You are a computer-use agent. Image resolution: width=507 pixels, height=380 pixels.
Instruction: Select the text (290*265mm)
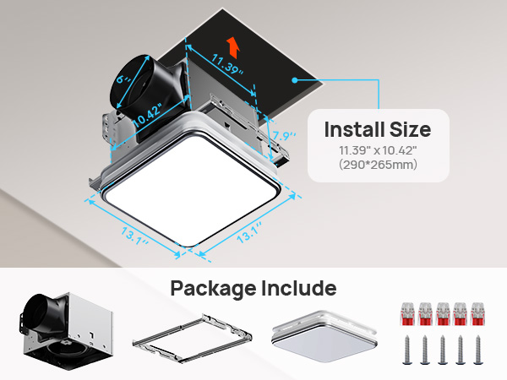click(378, 165)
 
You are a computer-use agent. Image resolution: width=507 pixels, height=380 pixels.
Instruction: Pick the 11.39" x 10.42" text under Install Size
click(378, 149)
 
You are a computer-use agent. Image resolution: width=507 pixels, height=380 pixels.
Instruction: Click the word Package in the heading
click(211, 288)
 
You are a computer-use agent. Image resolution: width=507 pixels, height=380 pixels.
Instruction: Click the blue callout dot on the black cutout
click(294, 79)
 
